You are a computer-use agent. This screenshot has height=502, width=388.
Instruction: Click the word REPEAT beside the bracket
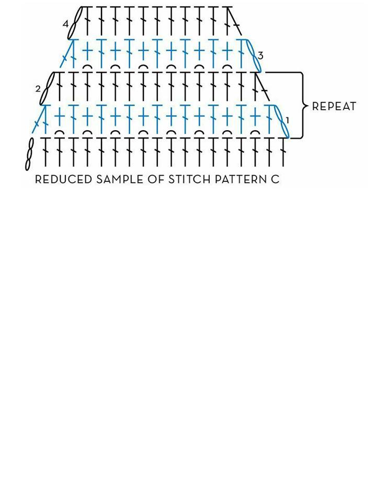coord(334,106)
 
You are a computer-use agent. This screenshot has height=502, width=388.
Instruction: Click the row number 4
coord(66,24)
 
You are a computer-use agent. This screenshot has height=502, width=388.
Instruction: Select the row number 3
coord(260,56)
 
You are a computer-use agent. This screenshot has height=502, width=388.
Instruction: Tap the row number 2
coord(38,89)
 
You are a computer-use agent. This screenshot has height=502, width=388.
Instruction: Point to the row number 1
coord(287,121)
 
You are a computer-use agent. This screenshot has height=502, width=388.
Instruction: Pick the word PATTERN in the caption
coord(239,179)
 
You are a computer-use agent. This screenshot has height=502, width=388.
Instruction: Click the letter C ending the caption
coord(275,179)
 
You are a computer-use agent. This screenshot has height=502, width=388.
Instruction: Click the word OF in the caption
coord(156,179)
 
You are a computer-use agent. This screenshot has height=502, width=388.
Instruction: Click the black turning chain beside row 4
coord(75,23)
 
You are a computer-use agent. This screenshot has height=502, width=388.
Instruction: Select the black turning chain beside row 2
coord(47,88)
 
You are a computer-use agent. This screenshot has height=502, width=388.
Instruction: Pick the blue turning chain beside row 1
coord(282,121)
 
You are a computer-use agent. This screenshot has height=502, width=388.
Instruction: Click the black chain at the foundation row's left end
coord(29,154)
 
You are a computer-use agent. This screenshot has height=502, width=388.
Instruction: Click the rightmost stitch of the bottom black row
coord(283,152)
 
